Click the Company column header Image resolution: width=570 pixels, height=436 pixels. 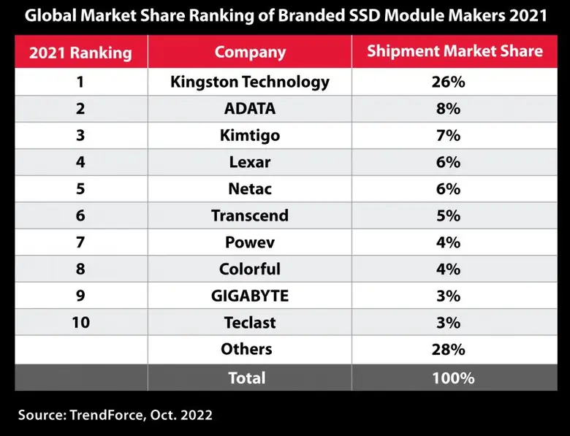250,52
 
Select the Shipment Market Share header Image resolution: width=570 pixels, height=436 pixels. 455,51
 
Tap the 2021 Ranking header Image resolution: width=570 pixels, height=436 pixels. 80,53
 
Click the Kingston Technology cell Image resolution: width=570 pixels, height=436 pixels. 250,82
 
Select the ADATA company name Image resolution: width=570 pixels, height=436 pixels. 250,109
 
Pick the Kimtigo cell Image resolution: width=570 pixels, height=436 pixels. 250,136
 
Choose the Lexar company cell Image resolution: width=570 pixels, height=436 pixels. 250,162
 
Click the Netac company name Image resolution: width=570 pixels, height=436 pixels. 250,189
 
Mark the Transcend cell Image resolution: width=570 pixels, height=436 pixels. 250,215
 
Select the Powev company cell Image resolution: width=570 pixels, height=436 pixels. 250,242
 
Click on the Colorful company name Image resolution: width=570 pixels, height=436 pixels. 250,269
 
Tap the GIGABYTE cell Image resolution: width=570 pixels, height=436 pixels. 250,296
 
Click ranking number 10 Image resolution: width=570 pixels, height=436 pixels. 80,323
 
